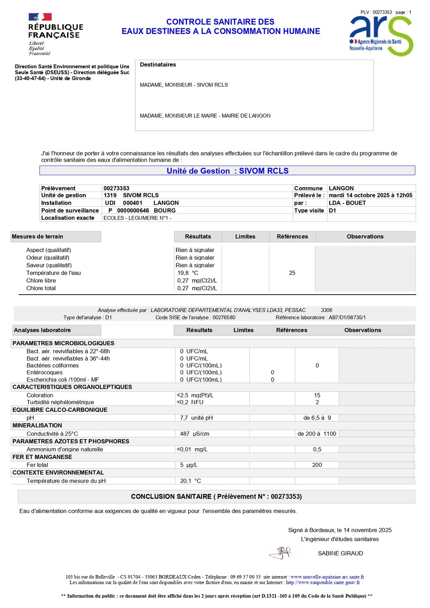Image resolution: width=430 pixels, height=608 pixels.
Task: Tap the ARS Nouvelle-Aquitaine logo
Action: coord(381,36)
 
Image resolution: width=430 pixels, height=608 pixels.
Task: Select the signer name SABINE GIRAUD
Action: coord(340,553)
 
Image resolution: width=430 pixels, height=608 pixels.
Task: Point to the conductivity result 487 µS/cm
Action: coord(194,434)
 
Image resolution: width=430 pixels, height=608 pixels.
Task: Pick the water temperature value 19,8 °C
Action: coord(188,273)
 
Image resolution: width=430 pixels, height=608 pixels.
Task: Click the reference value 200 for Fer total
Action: coord(317,465)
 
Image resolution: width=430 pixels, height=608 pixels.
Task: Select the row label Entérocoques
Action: coord(45,372)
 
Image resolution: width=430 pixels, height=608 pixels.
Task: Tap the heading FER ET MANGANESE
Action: coord(42,457)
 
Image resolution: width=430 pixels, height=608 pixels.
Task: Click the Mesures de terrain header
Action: coord(37,237)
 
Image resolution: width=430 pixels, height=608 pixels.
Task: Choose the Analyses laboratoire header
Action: coord(42,330)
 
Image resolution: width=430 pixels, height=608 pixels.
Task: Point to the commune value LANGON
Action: coord(341,188)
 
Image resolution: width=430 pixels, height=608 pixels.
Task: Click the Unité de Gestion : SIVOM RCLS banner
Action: coord(227,171)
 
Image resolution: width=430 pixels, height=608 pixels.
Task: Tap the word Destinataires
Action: coord(158,65)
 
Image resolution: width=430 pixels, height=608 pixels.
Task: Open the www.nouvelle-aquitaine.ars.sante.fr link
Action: coord(327,577)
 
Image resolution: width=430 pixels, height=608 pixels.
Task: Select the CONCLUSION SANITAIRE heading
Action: coord(216,496)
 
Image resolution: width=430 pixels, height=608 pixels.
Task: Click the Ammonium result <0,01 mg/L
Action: coord(192,449)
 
